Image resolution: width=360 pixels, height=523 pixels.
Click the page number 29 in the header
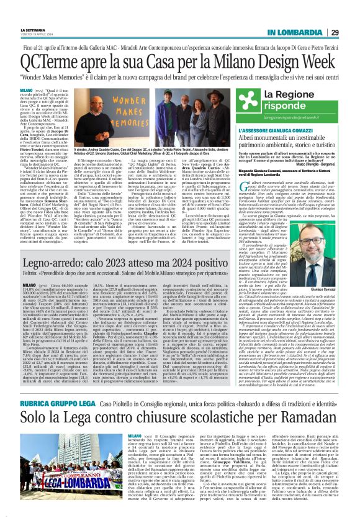[351, 32]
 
